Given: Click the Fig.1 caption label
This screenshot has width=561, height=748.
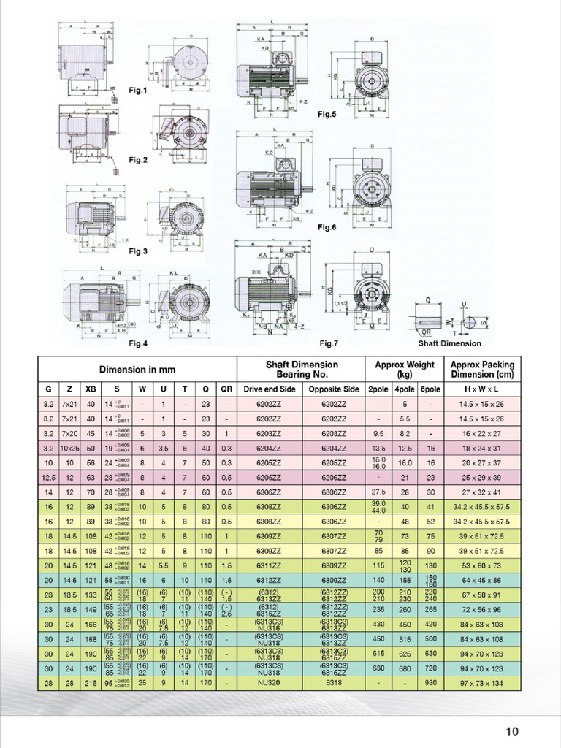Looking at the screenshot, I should coord(138,91).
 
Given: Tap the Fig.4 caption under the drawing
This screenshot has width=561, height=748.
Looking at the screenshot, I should coord(138,343).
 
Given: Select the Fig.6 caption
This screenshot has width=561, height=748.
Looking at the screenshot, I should coord(327,227).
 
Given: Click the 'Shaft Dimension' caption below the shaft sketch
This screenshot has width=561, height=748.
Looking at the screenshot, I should coord(449,343).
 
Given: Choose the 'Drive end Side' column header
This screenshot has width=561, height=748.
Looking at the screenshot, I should coord(269,389).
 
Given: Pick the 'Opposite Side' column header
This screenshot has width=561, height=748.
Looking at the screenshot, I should coord(333,389).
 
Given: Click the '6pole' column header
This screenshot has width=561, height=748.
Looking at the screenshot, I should coord(430,389).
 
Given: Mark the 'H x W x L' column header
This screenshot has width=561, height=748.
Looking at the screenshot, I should coord(482,389).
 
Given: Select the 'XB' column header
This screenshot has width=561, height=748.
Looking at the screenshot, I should coord(91,389).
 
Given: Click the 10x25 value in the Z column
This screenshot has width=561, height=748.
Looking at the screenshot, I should coord(70,447).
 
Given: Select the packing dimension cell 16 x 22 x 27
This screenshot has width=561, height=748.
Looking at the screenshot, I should coord(482,433).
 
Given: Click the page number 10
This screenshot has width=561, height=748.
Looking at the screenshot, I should coord(511,731).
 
